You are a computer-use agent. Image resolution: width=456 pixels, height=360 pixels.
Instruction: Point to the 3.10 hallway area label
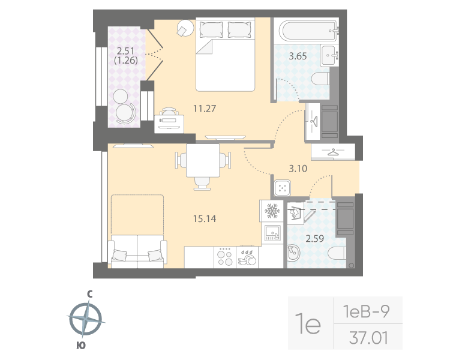pos(298,169)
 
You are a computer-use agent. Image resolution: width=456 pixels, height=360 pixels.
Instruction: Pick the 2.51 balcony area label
pos(126,51)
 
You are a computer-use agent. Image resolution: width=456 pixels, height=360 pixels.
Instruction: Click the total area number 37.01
pos(368,337)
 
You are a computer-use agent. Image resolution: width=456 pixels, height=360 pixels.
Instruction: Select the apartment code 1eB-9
pos(368,311)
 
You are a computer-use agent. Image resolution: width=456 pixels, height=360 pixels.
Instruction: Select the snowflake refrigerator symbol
pos(273,211)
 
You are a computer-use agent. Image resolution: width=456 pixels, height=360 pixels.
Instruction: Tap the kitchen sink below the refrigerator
pos(272,232)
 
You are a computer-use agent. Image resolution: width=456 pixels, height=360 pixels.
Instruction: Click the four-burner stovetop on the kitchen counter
pos(226,257)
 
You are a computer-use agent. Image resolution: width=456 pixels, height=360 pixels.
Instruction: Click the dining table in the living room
pos(203,161)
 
